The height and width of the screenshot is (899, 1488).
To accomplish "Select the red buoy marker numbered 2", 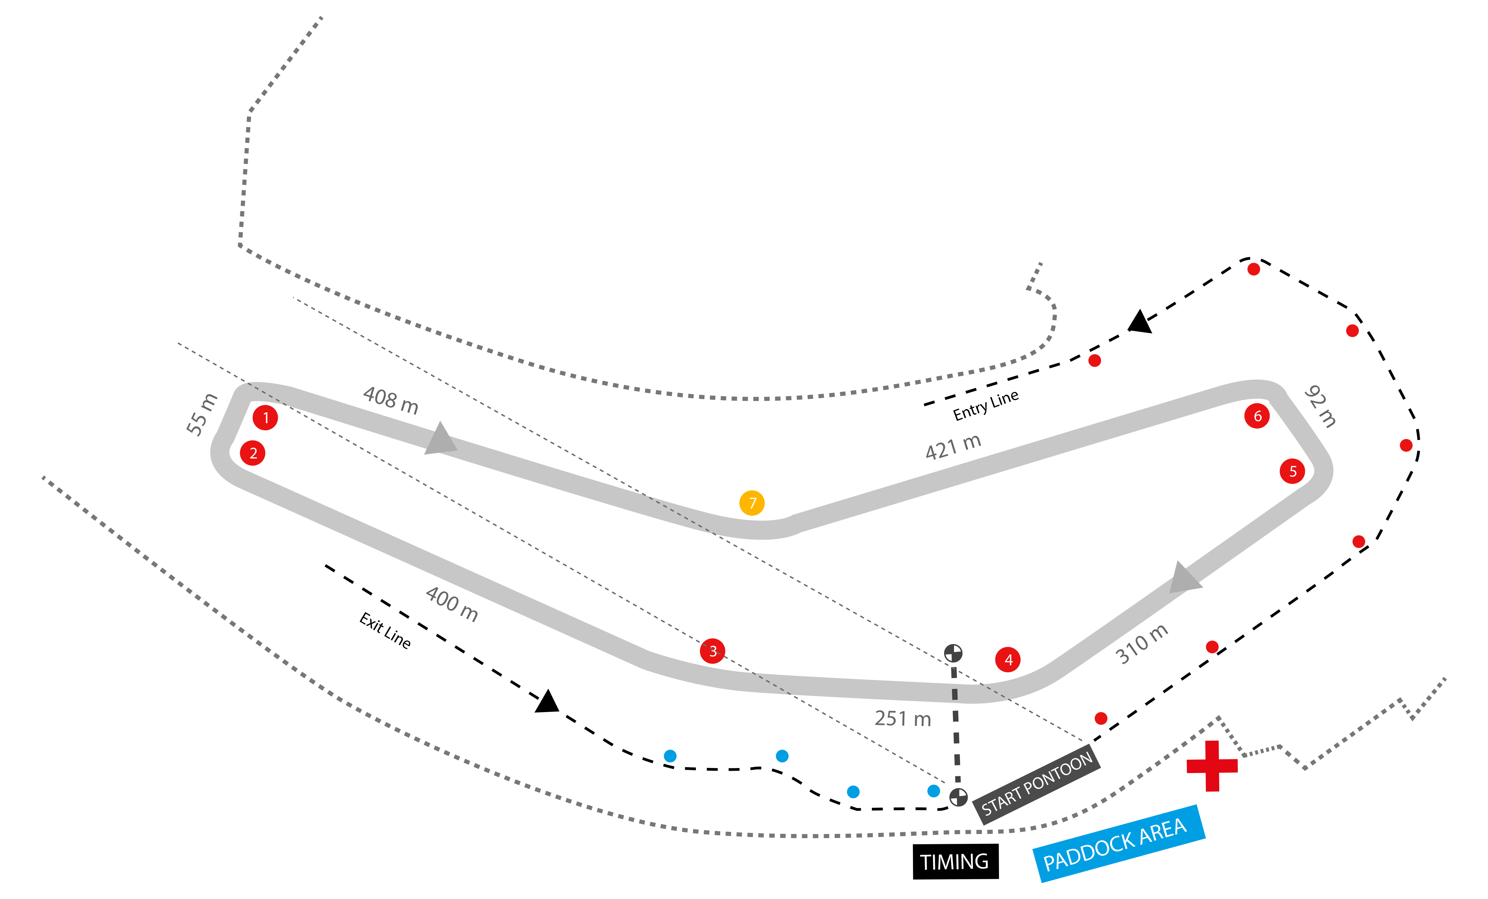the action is [253, 453].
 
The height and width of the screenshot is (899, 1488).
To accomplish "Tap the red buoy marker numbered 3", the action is [713, 651].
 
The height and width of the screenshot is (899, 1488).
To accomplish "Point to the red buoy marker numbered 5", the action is [1292, 471].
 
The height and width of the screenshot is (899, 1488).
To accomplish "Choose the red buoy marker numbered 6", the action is [1257, 415].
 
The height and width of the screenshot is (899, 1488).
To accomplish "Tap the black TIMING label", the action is [955, 861].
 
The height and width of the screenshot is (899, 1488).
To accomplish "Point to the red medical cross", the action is [1212, 766].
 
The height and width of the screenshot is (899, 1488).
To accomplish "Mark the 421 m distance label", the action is [953, 447].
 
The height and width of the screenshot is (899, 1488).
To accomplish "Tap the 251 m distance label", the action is [903, 719].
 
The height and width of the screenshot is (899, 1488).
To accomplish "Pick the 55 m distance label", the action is [201, 414].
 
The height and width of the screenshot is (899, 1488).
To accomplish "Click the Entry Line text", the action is [986, 405].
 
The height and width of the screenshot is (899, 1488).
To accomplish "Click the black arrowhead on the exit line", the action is [548, 702].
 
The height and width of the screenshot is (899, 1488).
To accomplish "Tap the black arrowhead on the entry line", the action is [1140, 322].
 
